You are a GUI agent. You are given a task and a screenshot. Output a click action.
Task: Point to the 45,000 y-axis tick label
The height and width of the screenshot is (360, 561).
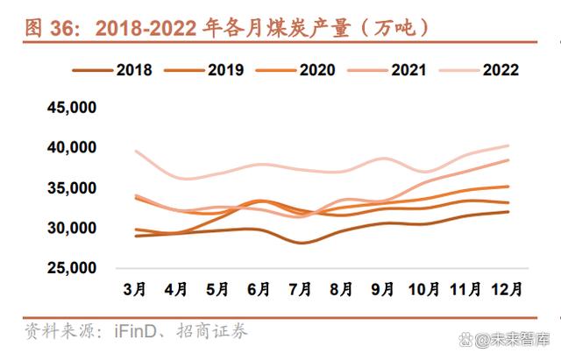point(71,108)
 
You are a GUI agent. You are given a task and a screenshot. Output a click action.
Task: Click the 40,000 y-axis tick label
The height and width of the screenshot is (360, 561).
point(71,148)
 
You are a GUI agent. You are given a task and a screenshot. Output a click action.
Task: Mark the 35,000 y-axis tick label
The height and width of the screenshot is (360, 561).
point(71,188)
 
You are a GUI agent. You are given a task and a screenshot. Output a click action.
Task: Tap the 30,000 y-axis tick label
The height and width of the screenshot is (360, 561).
point(71,229)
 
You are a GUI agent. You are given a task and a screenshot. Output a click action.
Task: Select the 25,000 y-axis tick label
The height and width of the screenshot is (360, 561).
point(71,269)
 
